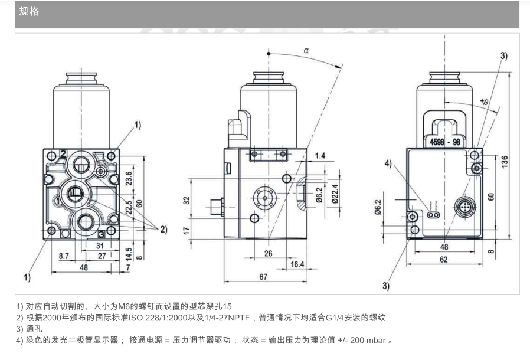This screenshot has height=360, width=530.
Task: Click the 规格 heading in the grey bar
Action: pyautogui.click(x=29, y=11)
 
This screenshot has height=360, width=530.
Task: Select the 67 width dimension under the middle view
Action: pyautogui.click(x=263, y=276)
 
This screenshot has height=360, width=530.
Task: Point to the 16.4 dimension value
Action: pyautogui.click(x=297, y=264)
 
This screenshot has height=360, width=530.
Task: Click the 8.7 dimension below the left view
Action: pyautogui.click(x=64, y=256)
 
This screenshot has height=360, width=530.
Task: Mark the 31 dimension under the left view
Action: pyautogui.click(x=100, y=246)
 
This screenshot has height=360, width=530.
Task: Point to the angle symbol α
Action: pyautogui.click(x=306, y=51)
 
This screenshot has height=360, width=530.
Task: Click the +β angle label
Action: pyautogui.click(x=484, y=102)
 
